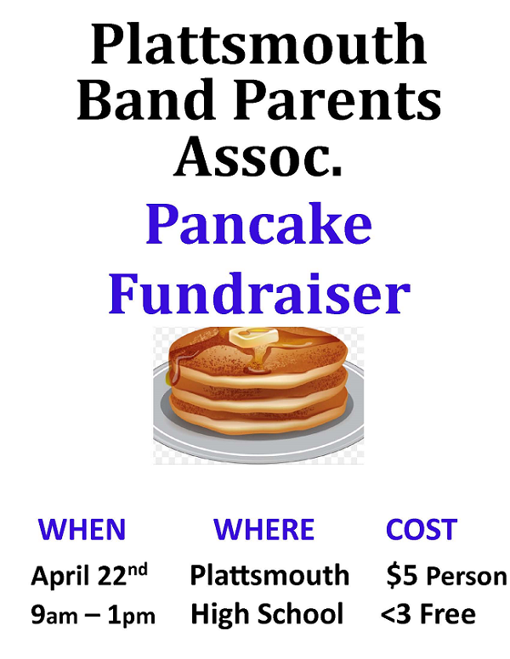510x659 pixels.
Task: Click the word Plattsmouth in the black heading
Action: point(258,44)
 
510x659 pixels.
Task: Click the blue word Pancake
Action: point(258,225)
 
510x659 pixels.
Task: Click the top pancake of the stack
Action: point(258,355)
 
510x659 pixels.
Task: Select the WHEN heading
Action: point(82,529)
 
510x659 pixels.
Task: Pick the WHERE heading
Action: point(263,529)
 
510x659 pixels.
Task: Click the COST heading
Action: point(421,529)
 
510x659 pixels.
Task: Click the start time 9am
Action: point(54,615)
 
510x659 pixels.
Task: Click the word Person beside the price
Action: point(465,577)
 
